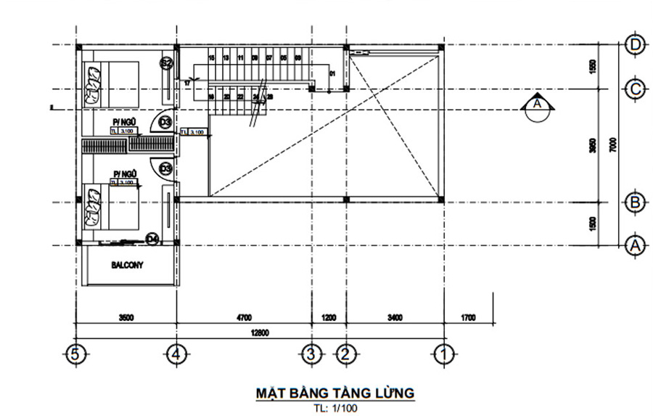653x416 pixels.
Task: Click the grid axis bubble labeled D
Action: pyautogui.click(x=636, y=45)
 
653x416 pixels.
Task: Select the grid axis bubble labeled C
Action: pyautogui.click(x=636, y=89)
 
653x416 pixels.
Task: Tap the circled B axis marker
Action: pyautogui.click(x=636, y=202)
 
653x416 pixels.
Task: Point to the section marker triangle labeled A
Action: pyautogui.click(x=538, y=105)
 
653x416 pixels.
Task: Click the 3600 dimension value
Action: pyautogui.click(x=126, y=317)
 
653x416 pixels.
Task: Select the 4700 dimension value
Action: pyautogui.click(x=243, y=317)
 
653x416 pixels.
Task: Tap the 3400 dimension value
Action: pyautogui.click(x=394, y=317)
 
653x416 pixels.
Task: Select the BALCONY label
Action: pyautogui.click(x=127, y=265)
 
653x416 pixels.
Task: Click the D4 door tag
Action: pyautogui.click(x=152, y=237)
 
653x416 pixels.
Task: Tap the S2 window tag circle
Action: pyautogui.click(x=165, y=63)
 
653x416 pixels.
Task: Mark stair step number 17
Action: pyautogui.click(x=187, y=83)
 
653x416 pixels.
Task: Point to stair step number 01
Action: pyautogui.click(x=332, y=74)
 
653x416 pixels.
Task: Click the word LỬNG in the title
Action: pyautogui.click(x=393, y=393)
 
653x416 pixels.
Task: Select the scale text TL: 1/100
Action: pyautogui.click(x=336, y=408)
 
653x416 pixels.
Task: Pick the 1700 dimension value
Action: pyautogui.click(x=468, y=317)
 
